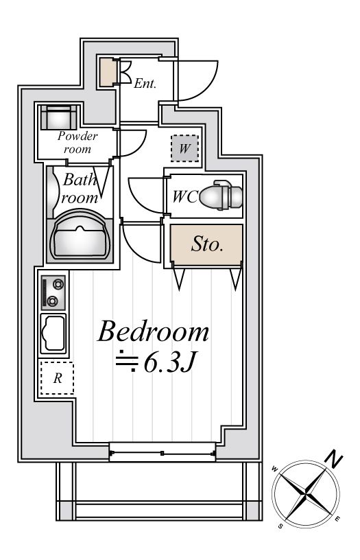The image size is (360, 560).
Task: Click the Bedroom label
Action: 154,331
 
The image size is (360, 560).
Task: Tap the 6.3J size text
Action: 170,363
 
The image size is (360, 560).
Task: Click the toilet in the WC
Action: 221,195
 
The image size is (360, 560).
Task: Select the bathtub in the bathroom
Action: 80,235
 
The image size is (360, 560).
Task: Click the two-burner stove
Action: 53,292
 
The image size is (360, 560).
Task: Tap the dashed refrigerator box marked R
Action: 57,378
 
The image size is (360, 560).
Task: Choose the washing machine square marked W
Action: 184,148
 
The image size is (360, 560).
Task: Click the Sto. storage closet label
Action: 207,244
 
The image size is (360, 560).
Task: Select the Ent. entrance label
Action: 145,84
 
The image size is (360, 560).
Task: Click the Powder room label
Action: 77,142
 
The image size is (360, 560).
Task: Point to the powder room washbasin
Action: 58,117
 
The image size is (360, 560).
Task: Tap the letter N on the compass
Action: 335,460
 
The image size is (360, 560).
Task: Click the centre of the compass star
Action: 306,494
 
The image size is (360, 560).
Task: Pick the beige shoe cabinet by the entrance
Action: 107,71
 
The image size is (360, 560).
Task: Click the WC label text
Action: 185,196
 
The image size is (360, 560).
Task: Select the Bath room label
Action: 80,188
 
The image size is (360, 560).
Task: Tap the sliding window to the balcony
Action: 163,453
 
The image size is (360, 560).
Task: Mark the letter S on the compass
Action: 281,526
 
